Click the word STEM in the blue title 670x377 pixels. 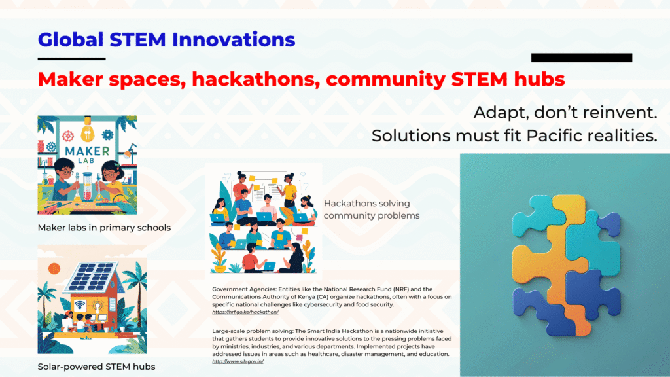137,40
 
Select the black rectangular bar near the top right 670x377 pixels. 582,58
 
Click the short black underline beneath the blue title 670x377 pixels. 71,58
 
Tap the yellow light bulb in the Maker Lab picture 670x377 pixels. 87,129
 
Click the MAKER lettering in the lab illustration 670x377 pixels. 87,151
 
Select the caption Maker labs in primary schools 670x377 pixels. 104,228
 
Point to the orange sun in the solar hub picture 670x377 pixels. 54,269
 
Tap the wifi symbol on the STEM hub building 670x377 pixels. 80,306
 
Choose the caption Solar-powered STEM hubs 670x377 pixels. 97,367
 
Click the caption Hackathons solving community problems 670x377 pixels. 372,209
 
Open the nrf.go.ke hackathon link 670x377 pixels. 245,312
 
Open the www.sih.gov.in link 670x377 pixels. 238,361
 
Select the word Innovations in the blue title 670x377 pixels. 234,40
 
